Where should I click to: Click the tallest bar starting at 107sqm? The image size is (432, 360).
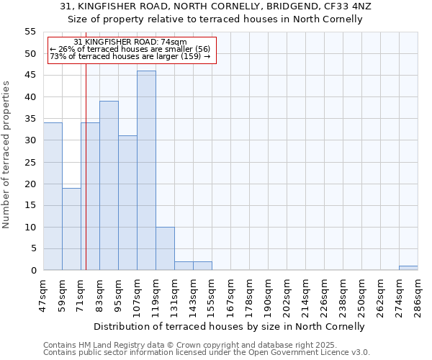tap(146, 171)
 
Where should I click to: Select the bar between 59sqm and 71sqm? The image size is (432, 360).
tap(71, 229)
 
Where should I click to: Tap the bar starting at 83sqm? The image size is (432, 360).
tap(109, 186)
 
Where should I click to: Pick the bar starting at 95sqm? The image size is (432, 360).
tap(127, 203)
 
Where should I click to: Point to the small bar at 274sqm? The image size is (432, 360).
tap(408, 268)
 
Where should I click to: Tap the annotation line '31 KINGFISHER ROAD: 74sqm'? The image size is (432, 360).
tap(130, 42)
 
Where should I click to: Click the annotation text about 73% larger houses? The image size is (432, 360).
tap(130, 56)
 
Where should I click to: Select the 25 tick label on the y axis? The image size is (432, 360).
tap(30, 162)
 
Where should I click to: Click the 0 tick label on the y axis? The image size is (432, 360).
tap(33, 271)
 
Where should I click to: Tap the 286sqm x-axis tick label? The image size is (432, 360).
tap(418, 291)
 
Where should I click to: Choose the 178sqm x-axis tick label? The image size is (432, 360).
tap(250, 291)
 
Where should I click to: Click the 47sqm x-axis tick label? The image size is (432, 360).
tap(44, 291)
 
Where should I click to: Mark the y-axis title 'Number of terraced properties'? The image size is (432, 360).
tap(6, 155)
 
